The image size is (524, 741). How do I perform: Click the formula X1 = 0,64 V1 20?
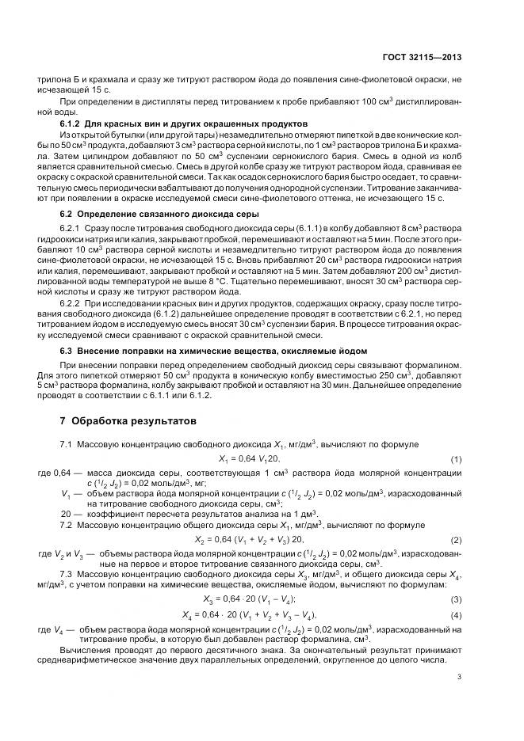coord(249,459)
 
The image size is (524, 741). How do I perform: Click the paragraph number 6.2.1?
coord(71,228)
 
